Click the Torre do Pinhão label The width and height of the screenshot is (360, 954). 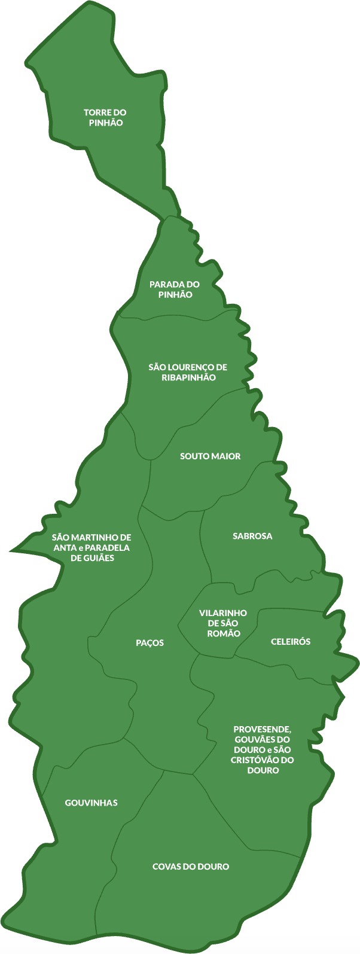pos(105,117)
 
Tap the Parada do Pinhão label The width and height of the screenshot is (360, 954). pos(175,289)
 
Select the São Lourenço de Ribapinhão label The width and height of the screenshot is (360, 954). pos(188,372)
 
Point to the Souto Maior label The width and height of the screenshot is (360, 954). pos(210,456)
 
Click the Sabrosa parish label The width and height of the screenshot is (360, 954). pos(252,537)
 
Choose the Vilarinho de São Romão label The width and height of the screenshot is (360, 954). pos(223,623)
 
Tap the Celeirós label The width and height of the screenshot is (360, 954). pos(291,642)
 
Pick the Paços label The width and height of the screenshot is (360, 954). pos(150,643)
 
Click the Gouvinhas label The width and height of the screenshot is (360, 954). pos(91,803)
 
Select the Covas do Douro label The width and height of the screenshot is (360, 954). pos(191,867)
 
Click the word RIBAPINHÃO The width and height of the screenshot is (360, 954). pos(188,377)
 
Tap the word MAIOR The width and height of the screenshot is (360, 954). pos(226,456)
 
